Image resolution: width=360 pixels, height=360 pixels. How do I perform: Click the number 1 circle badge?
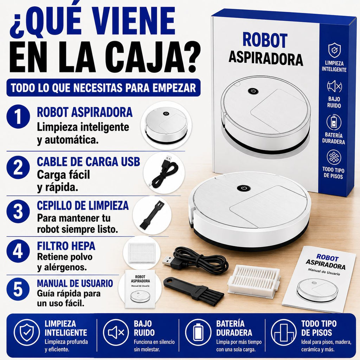[18, 117]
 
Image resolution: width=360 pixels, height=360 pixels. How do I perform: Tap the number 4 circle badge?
[18, 251]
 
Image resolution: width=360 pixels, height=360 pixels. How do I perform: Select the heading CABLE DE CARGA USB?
[88, 162]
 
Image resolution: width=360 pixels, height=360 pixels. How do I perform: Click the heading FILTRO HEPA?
[66, 246]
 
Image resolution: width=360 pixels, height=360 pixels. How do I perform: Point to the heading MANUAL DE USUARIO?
[75, 283]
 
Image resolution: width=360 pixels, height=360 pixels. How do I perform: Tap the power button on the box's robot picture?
[253, 91]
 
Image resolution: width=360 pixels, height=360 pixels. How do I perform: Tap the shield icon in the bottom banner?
[27, 332]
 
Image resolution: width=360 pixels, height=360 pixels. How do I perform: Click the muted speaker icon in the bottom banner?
[116, 332]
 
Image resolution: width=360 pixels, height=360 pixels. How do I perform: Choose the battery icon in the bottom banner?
[198, 332]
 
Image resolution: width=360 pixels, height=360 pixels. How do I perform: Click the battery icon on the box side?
[334, 122]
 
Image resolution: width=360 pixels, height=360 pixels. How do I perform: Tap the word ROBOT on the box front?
[265, 41]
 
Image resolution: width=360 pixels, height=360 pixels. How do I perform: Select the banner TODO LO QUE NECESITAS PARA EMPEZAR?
[104, 88]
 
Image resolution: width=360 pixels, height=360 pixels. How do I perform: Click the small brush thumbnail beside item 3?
[152, 214]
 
